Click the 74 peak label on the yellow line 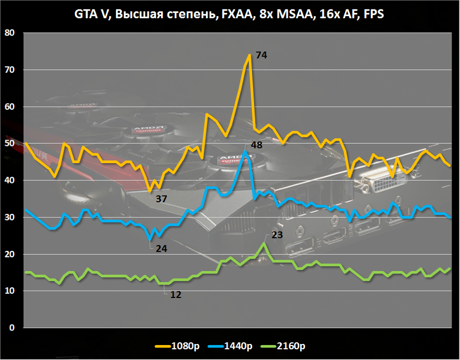[x=261, y=55]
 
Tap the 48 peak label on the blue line [x=256, y=145]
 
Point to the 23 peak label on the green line [x=277, y=234]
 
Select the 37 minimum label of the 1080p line [x=162, y=199]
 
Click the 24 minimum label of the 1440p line [x=162, y=248]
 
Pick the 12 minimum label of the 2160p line [x=176, y=294]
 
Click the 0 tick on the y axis [x=13, y=328]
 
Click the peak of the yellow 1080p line [x=249, y=55]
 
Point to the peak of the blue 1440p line [x=245, y=151]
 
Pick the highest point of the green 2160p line [x=264, y=243]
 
